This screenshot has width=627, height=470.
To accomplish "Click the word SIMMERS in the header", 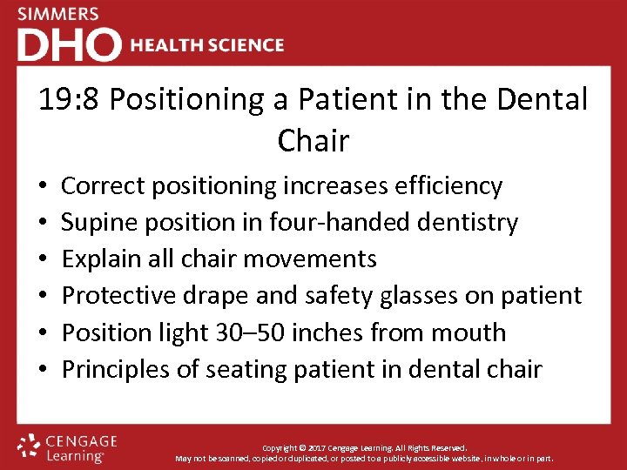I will click(x=58, y=15).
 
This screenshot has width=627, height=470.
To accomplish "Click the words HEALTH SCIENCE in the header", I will click(x=207, y=45).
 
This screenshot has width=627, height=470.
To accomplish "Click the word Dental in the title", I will click(x=545, y=100).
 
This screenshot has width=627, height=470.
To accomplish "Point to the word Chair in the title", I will click(x=313, y=141).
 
